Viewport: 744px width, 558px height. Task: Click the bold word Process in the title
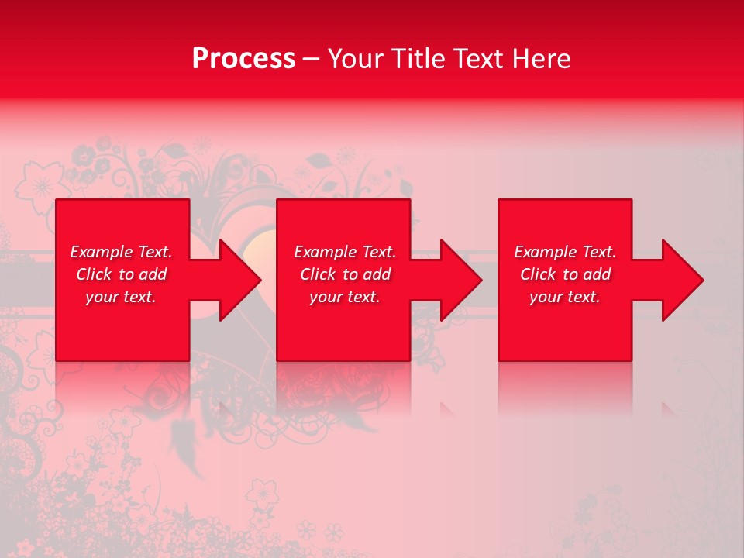point(243,59)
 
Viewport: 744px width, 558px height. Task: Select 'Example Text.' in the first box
point(121,252)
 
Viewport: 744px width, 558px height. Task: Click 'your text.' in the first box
point(121,297)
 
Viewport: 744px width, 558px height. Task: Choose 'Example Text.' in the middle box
point(345,252)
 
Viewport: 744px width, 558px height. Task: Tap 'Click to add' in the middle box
point(345,274)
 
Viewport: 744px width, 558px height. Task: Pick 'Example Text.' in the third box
point(565,252)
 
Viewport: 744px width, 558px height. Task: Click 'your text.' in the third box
point(565,297)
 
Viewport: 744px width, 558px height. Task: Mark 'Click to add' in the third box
point(565,274)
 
